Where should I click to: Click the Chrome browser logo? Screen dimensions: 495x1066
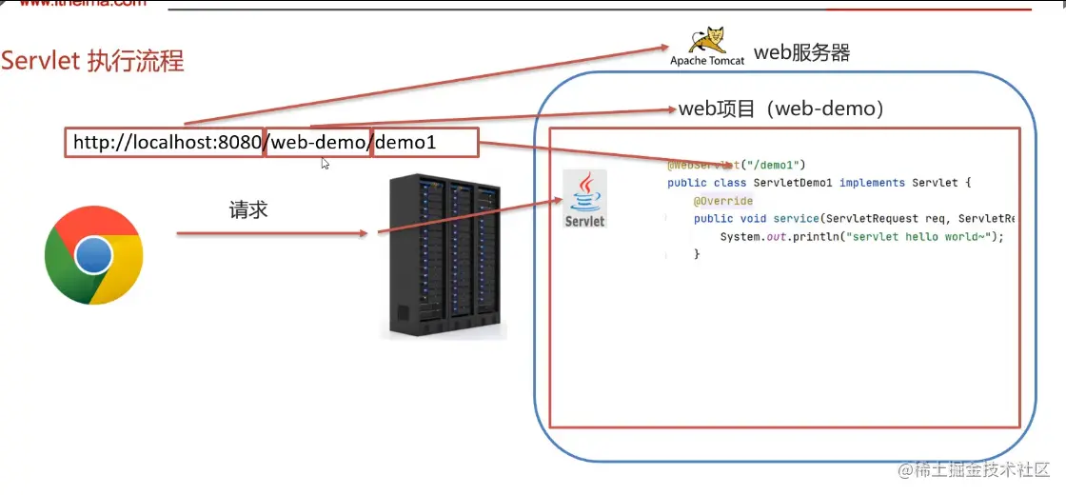click(x=93, y=255)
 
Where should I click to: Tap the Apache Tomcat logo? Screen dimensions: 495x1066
click(x=707, y=46)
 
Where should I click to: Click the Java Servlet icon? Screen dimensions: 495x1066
click(x=584, y=200)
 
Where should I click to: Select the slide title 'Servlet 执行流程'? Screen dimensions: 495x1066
click(x=92, y=62)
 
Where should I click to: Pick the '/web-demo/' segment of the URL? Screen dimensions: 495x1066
click(x=318, y=143)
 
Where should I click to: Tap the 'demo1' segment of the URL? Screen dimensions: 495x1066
click(x=406, y=143)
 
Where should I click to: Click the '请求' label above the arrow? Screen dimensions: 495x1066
click(x=248, y=210)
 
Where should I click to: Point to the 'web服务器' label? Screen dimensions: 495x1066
click(x=801, y=52)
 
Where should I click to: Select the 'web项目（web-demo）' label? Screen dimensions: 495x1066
click(x=781, y=109)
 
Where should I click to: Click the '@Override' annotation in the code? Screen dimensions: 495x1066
click(x=723, y=201)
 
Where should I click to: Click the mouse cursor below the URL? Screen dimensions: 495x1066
click(x=326, y=164)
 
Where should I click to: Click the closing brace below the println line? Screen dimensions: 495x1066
click(x=697, y=255)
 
